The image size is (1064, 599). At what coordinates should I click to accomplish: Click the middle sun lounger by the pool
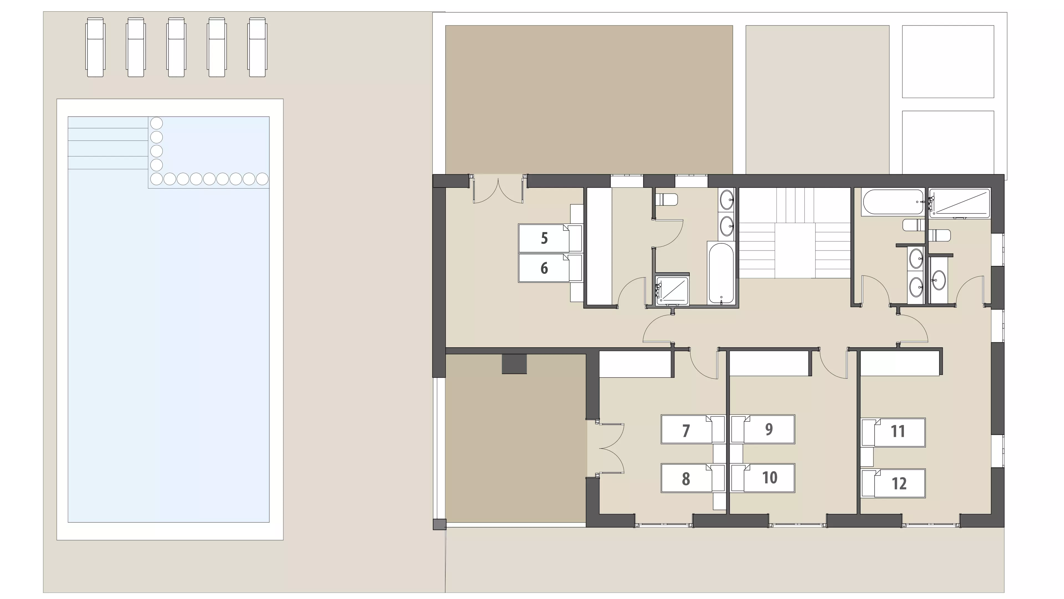(x=177, y=47)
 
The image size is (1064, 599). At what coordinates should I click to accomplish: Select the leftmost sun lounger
(x=95, y=47)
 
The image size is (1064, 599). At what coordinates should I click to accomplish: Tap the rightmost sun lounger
(x=257, y=47)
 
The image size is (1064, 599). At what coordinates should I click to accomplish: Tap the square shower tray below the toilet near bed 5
(x=672, y=291)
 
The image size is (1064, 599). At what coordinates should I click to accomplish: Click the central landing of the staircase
(x=795, y=250)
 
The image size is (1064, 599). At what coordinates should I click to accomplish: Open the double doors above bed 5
(x=498, y=190)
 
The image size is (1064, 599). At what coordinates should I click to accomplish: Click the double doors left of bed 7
(x=605, y=448)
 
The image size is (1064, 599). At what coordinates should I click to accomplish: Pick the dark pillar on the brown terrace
(x=514, y=364)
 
